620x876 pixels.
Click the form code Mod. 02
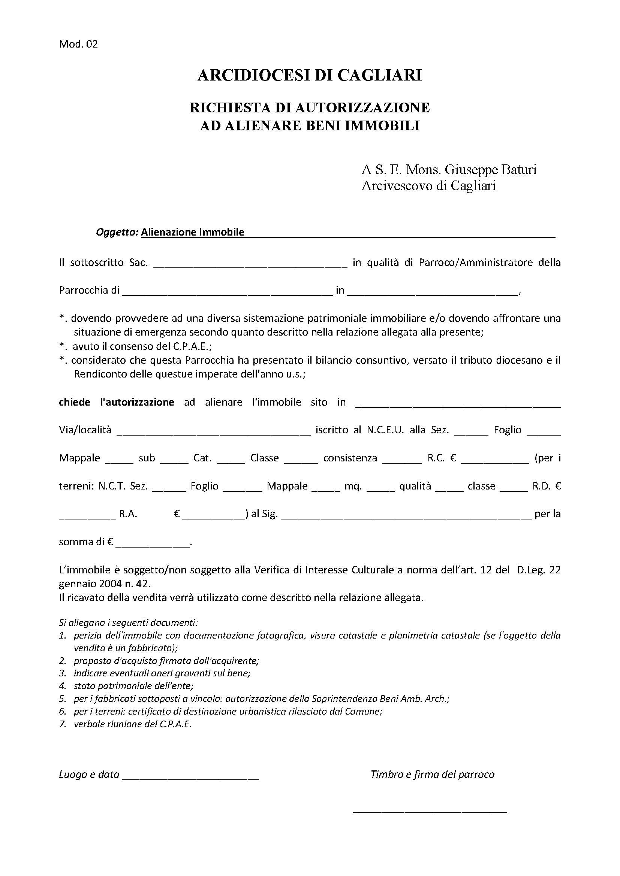tap(78, 44)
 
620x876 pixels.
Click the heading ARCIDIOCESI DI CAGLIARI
tap(310, 75)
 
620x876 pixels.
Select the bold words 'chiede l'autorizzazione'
tap(117, 402)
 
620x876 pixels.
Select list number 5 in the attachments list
tap(63, 699)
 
